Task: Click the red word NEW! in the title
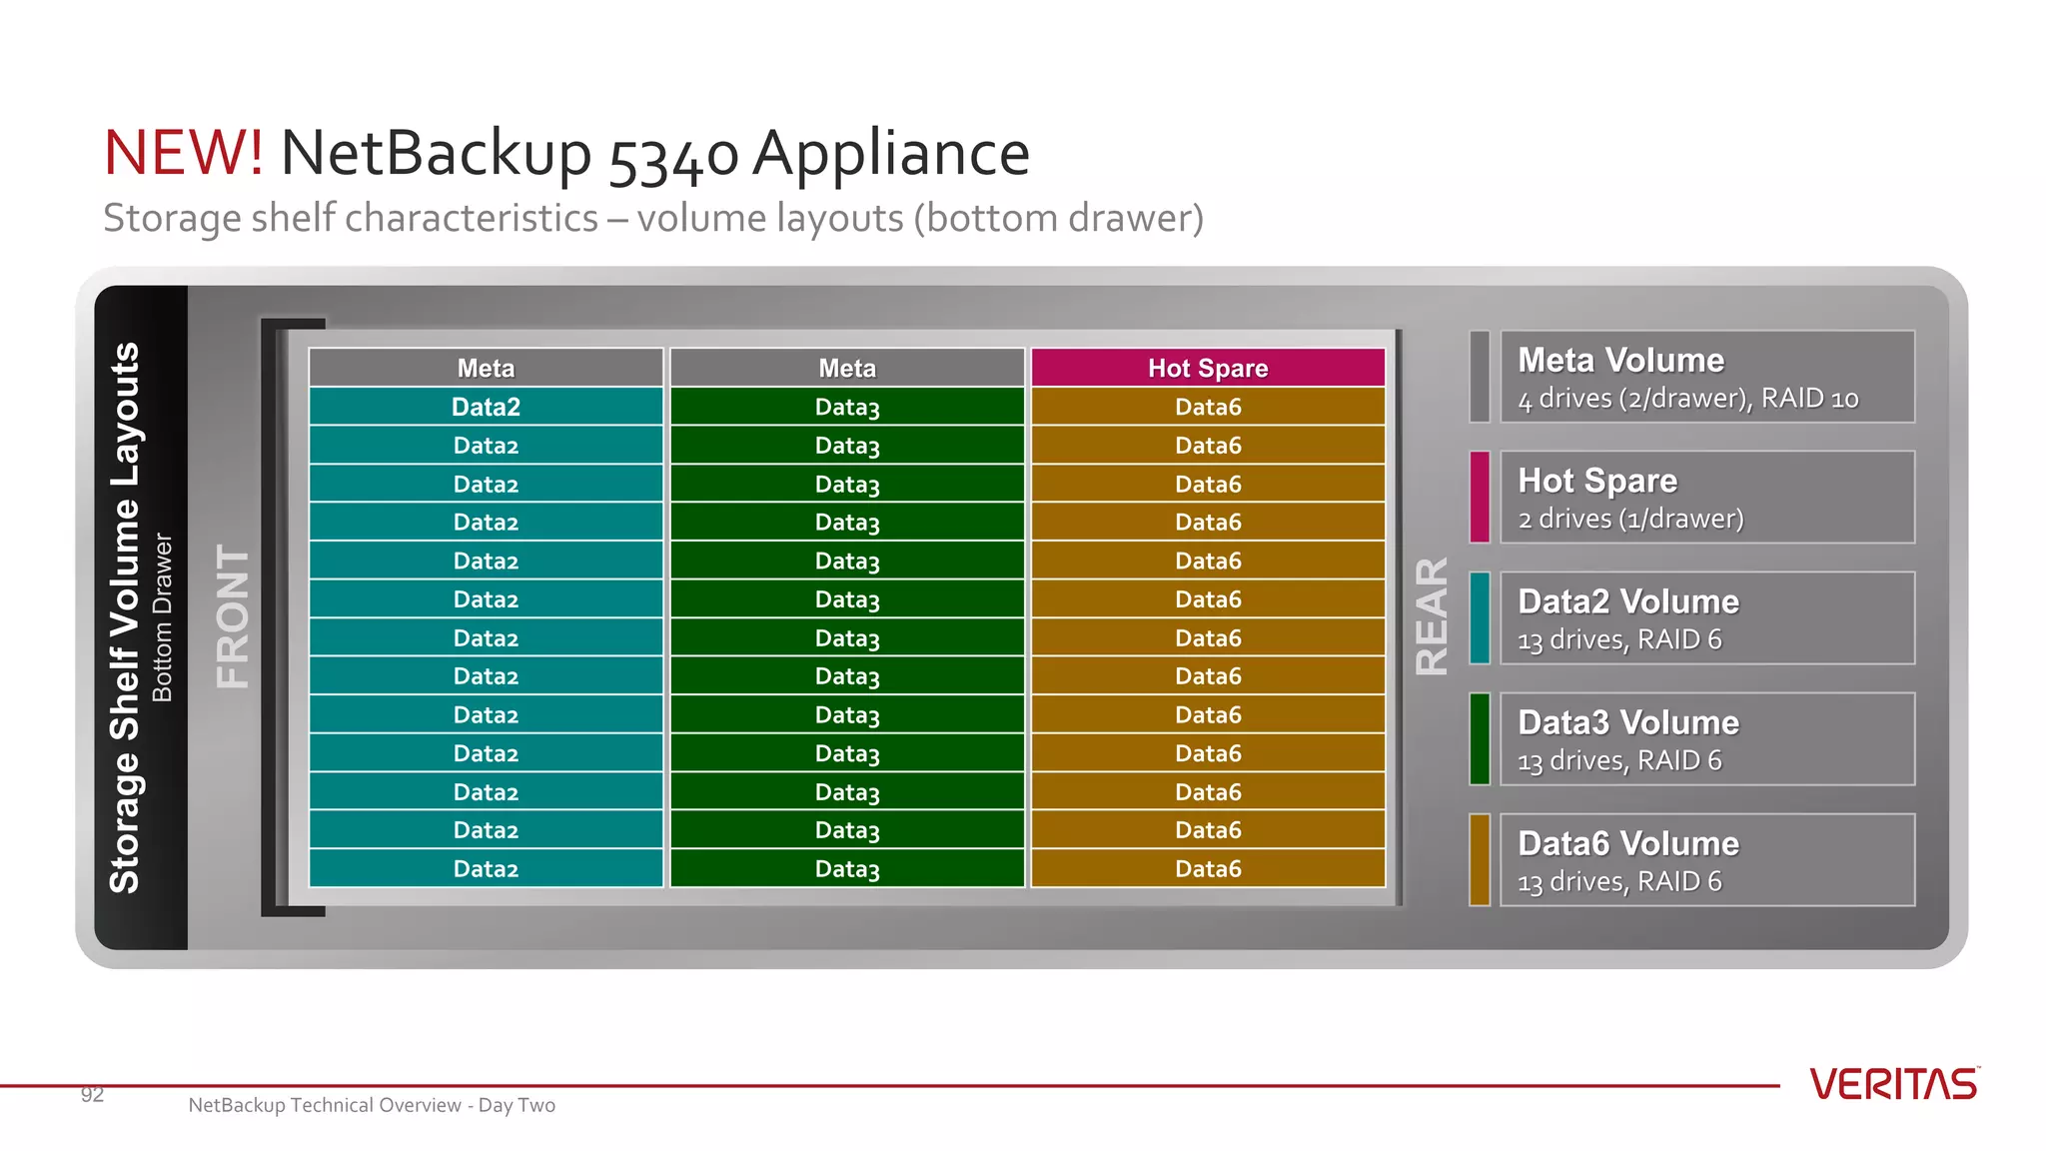(x=184, y=153)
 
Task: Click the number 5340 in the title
(x=673, y=156)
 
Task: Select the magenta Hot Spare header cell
(x=1208, y=368)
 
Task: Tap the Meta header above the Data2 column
(x=486, y=368)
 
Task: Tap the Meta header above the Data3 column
(x=847, y=368)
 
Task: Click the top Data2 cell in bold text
(x=486, y=407)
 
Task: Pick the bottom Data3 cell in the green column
(x=847, y=868)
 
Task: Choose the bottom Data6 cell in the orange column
(x=1208, y=868)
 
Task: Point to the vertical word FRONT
(x=233, y=616)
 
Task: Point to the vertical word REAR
(x=1432, y=616)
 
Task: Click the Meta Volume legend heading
(x=1620, y=360)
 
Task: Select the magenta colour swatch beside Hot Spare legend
(x=1480, y=497)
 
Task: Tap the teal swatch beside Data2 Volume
(x=1480, y=617)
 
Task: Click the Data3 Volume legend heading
(x=1628, y=722)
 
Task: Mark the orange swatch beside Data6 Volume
(x=1480, y=859)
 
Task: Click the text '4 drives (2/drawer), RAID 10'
(x=1687, y=399)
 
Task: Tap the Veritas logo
(x=1893, y=1084)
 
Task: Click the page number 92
(x=92, y=1095)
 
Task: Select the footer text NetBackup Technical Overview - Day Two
(x=372, y=1105)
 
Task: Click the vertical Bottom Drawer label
(x=163, y=616)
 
